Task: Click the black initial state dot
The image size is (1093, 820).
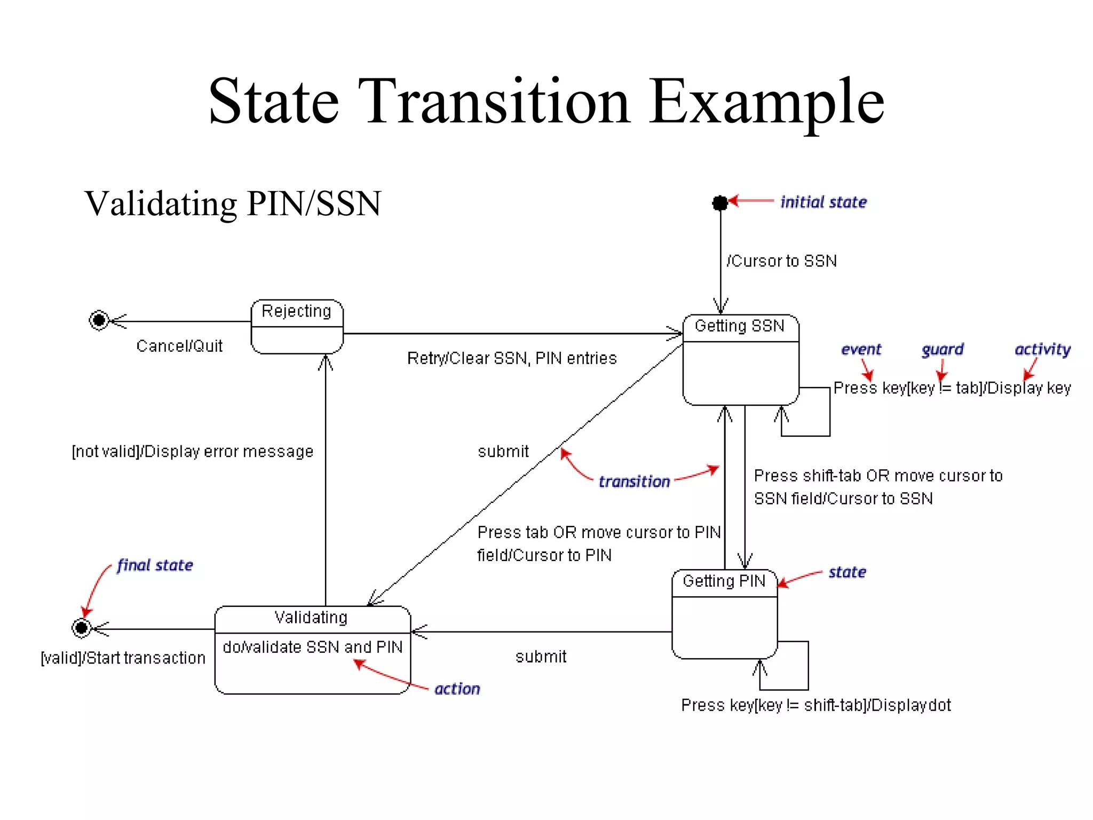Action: click(720, 203)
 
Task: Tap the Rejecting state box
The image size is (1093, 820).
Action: click(297, 326)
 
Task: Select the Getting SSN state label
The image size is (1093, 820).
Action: click(739, 326)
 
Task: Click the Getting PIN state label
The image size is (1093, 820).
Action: click(724, 581)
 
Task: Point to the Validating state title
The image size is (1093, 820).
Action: click(311, 618)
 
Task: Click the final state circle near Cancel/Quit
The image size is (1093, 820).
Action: click(99, 320)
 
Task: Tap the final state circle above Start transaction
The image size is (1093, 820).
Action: click(82, 628)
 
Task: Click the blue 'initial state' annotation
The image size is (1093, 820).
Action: click(823, 202)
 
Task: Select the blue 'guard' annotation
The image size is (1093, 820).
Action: click(942, 350)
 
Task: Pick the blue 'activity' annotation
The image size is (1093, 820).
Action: click(1042, 349)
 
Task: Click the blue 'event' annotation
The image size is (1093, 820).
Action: click(861, 350)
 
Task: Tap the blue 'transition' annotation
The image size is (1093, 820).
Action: click(634, 482)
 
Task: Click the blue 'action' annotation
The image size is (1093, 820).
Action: click(457, 689)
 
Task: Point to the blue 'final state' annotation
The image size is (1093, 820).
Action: click(155, 565)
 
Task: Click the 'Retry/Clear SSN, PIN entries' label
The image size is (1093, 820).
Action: click(511, 358)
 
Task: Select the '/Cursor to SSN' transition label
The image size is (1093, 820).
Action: click(781, 261)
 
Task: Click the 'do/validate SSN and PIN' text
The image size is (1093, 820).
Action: click(312, 647)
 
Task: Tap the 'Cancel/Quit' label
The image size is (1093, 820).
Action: click(179, 346)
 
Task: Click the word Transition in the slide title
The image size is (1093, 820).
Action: click(493, 101)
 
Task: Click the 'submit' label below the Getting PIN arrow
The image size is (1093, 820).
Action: click(541, 657)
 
